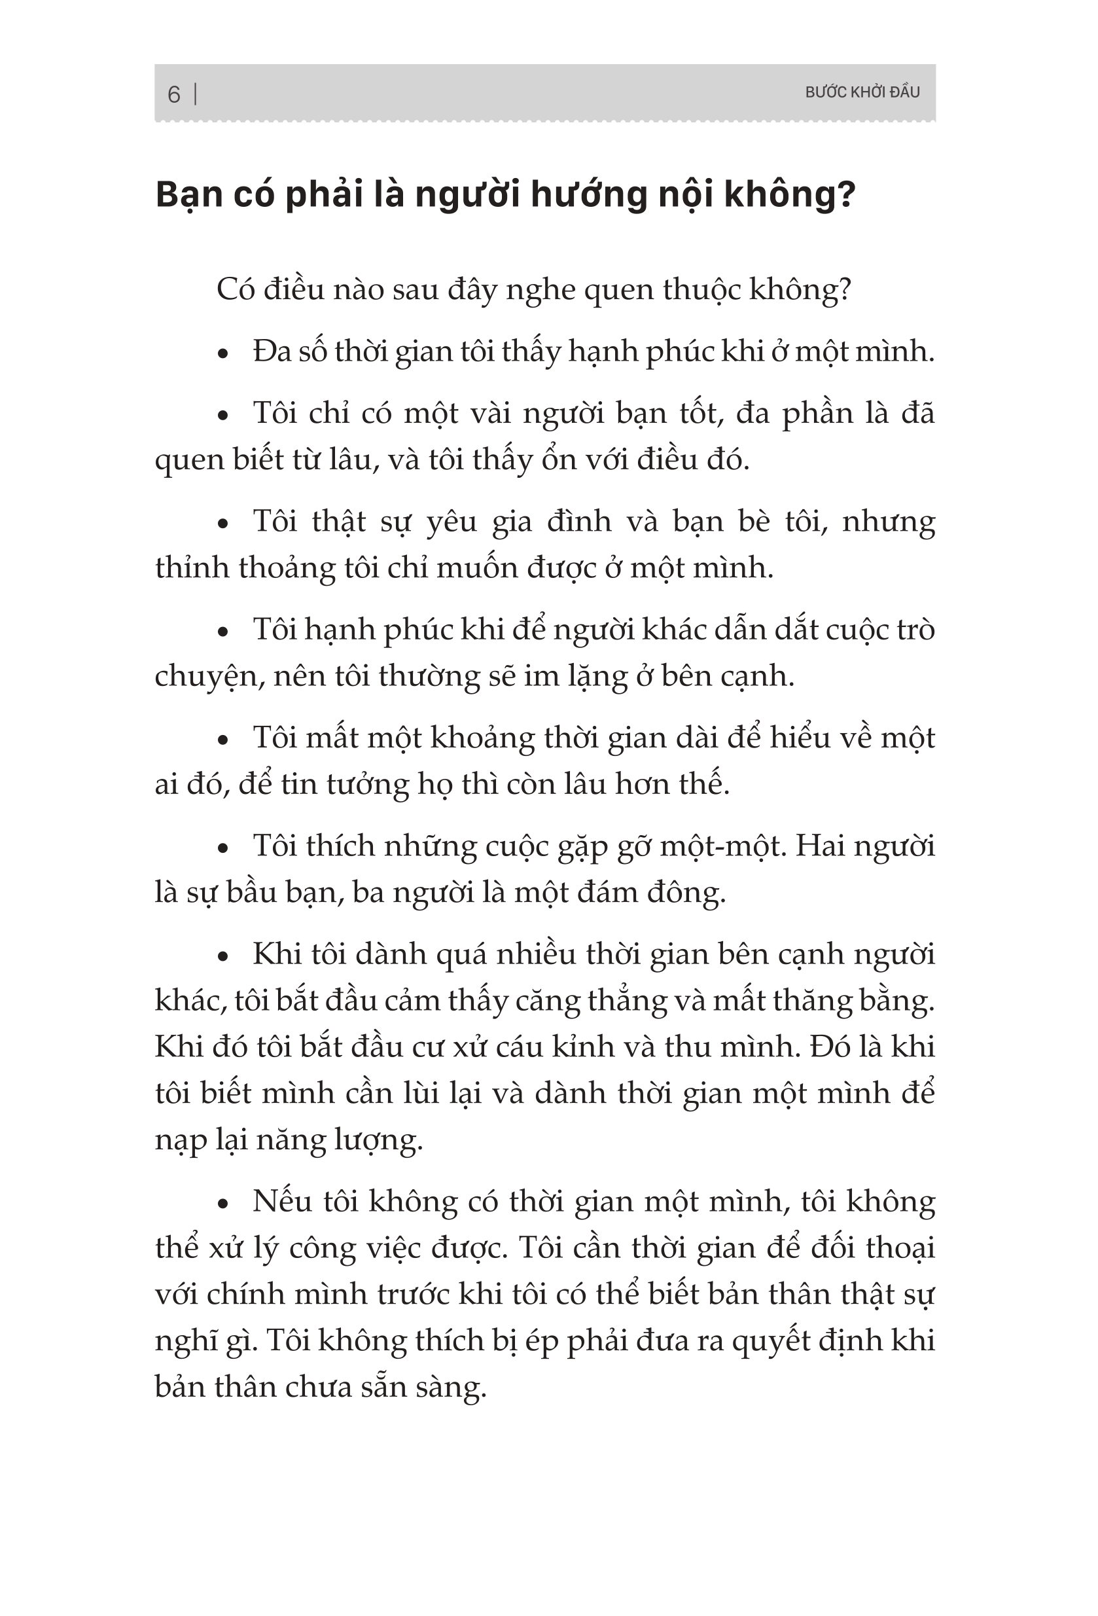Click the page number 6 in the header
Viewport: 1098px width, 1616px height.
pos(174,94)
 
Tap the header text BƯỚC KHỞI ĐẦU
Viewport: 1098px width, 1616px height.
pos(862,92)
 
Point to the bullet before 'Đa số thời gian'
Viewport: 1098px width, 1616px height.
pos(222,354)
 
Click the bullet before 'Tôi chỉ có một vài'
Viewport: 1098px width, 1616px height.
pos(222,416)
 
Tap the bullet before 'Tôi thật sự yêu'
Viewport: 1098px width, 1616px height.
pos(222,524)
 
